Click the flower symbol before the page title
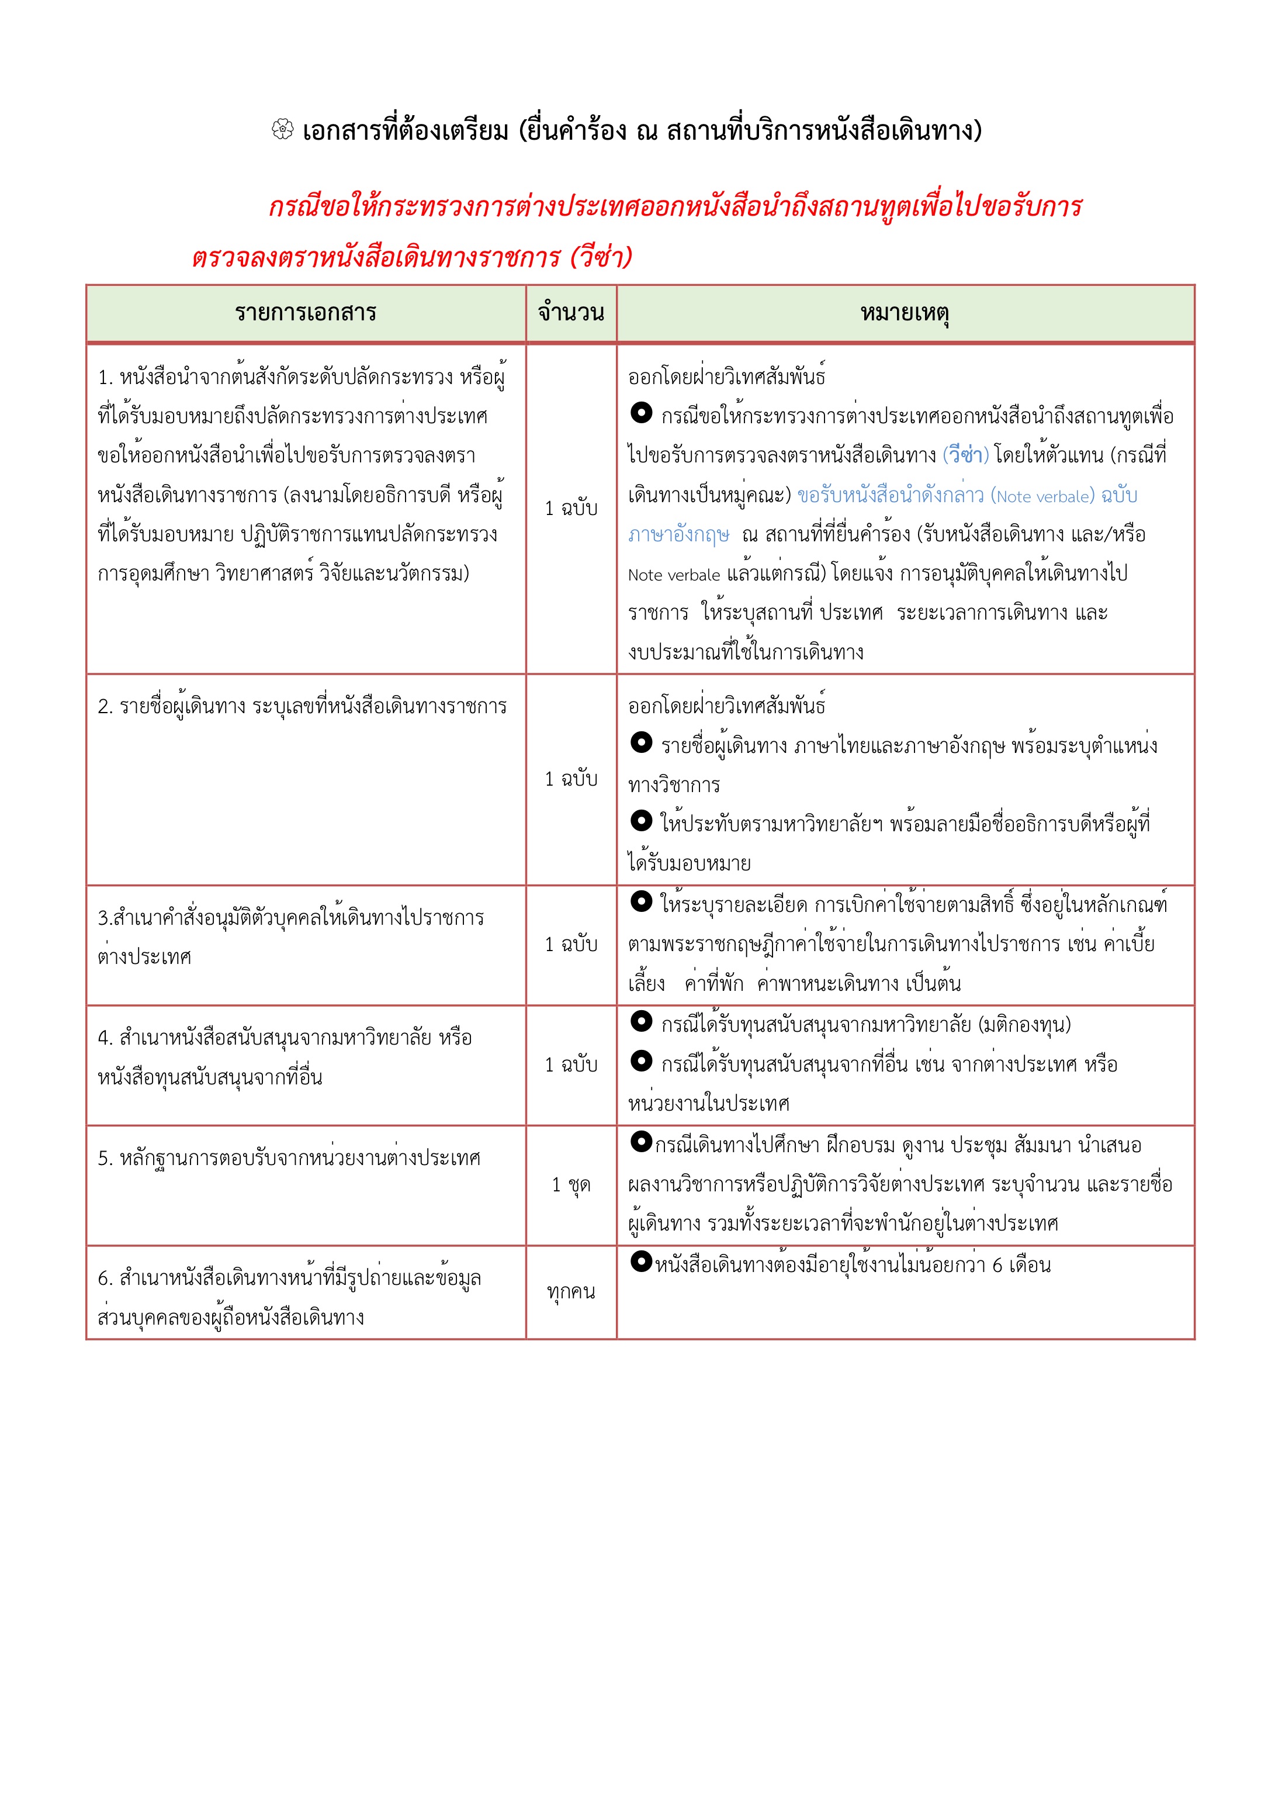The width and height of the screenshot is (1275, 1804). pos(282,130)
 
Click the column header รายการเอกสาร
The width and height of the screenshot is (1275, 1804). pos(306,313)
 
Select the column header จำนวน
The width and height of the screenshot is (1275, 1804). pos(571,313)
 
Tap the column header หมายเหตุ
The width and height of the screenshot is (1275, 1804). pos(905,313)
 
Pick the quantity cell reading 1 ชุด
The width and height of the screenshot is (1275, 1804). pos(571,1184)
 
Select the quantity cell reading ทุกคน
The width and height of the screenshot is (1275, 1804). pos(571,1291)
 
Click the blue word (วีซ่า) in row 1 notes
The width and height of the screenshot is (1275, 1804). pos(965,455)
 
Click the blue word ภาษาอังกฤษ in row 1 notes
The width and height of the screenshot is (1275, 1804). pos(679,535)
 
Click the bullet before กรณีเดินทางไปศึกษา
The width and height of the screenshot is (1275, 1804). pos(641,1142)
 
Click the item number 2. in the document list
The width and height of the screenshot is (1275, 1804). pos(105,706)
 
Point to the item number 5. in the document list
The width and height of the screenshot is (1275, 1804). pos(105,1158)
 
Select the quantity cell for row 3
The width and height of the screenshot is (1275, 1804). pos(571,945)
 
